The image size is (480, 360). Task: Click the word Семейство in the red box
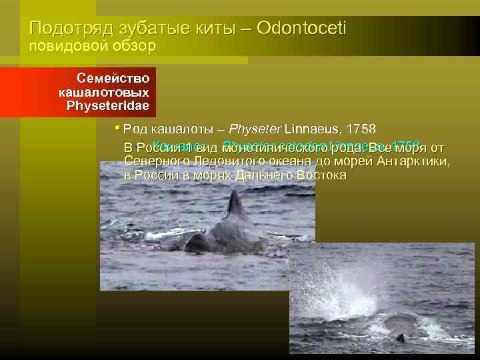pos(113,78)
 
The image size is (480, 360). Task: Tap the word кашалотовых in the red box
pos(103,91)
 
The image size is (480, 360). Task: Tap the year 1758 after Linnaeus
pos(357,129)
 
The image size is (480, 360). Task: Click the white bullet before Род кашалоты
pos(117,127)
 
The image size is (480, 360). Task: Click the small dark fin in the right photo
pos(401,338)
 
